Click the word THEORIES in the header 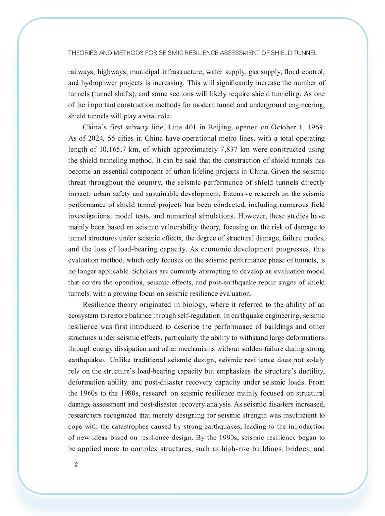tap(85, 52)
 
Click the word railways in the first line tap(81, 72)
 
